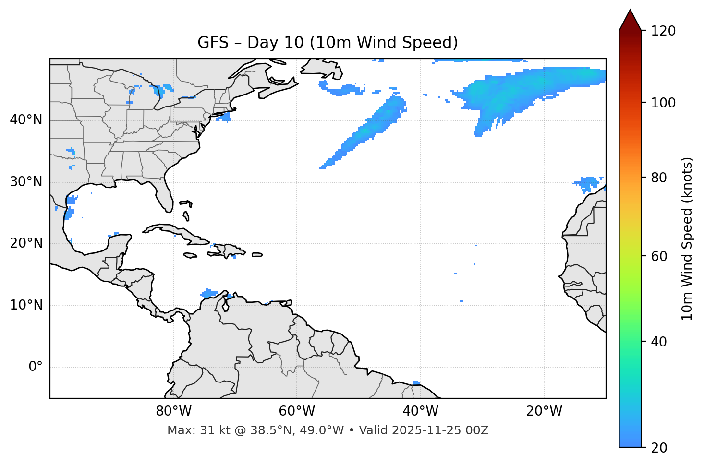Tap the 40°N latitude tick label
26,120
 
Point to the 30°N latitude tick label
26,182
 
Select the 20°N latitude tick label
26,243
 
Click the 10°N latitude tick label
26,305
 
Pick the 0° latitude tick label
36,367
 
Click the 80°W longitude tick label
173,411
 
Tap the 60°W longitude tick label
297,411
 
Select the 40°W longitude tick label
420,411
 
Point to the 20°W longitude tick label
544,411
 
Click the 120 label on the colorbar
663,31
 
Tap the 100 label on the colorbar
663,103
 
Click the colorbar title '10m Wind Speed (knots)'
687,238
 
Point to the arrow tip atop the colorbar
630,10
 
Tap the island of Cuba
173,231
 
